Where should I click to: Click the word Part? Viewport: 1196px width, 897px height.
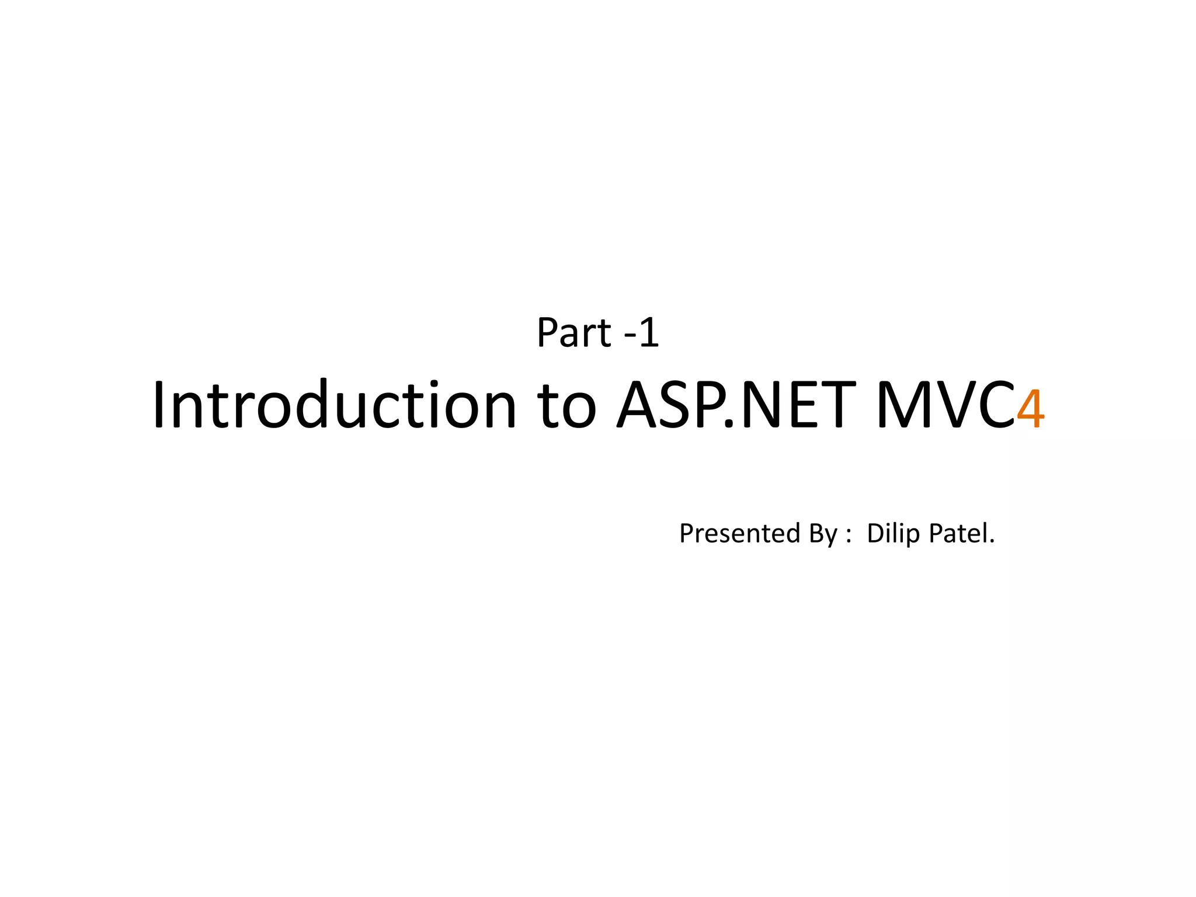pos(573,333)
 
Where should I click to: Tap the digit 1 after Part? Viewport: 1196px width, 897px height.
pos(649,333)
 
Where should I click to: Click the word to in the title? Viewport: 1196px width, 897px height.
pos(567,406)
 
